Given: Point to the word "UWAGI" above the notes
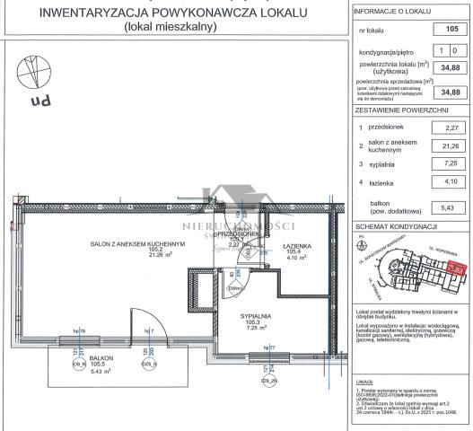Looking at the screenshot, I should coord(366,381).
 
